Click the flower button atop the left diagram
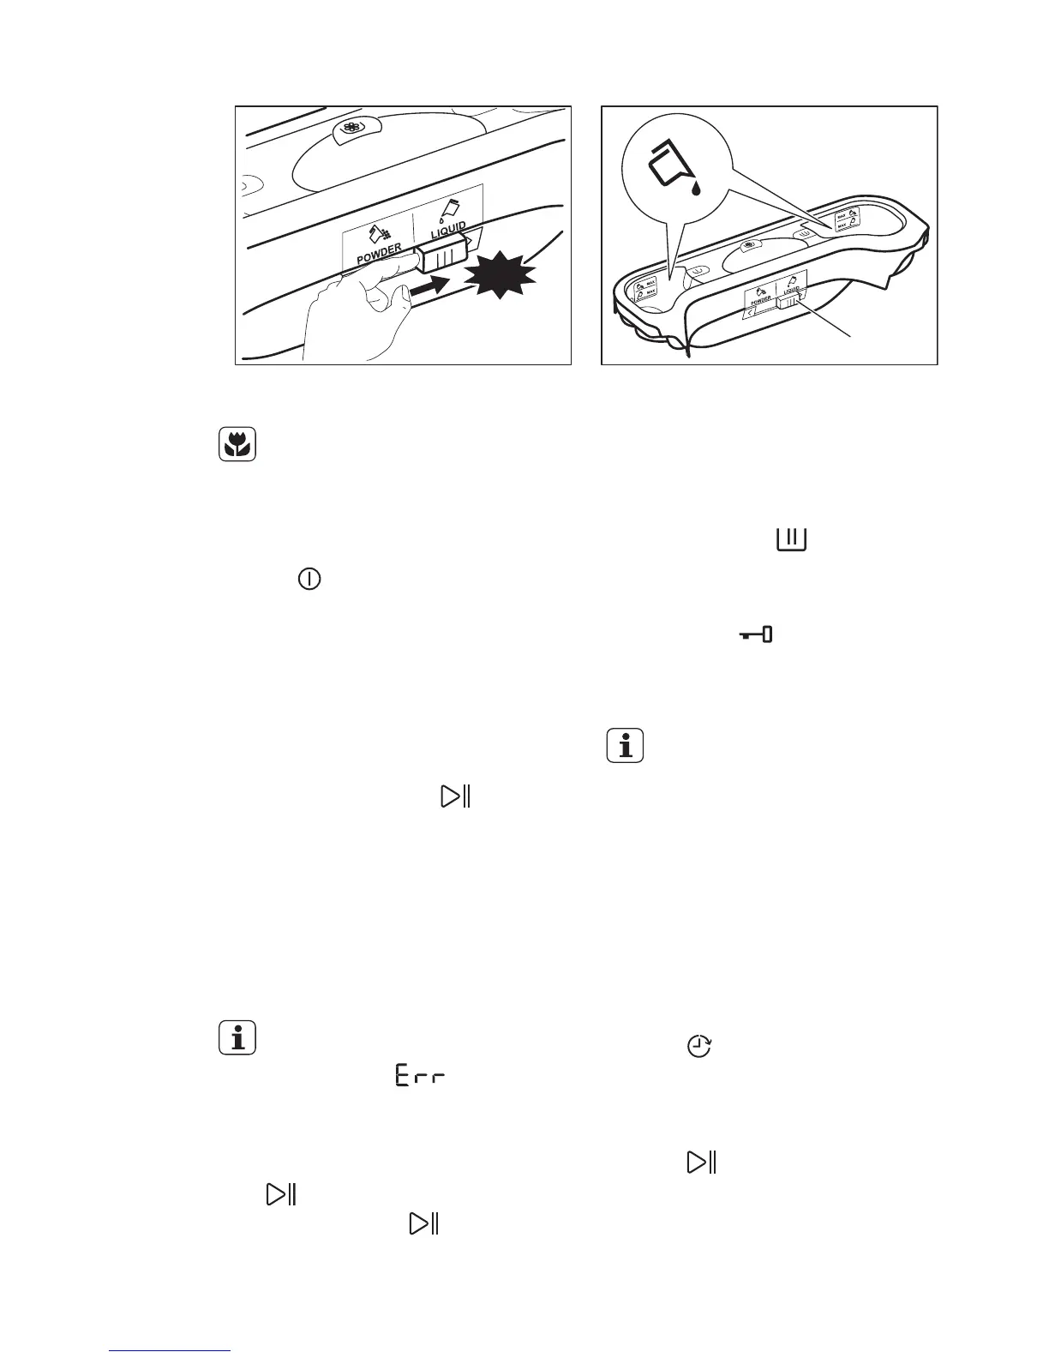[350, 129]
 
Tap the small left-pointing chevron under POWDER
[749, 315]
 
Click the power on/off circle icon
[309, 580]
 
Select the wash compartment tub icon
[792, 539]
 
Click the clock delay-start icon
[700, 1047]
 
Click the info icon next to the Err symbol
[238, 1038]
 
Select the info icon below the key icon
[626, 745]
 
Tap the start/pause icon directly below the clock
[700, 1163]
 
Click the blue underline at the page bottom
[170, 1352]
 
